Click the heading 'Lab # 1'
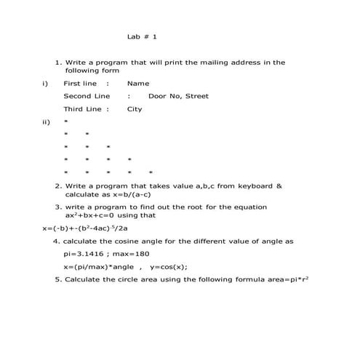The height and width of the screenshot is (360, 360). click(x=142, y=36)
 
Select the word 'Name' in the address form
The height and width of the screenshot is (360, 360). click(x=138, y=84)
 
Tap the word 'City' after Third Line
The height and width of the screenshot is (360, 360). click(x=135, y=109)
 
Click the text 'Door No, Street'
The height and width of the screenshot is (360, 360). click(x=178, y=96)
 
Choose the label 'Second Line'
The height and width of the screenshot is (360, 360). click(x=87, y=96)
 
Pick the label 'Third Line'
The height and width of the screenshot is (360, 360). click(x=83, y=109)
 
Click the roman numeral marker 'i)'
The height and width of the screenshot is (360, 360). click(x=45, y=84)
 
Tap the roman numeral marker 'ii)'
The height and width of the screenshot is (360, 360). click(x=47, y=122)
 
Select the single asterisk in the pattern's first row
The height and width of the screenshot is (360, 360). click(x=65, y=122)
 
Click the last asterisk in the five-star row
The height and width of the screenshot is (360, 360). click(x=150, y=173)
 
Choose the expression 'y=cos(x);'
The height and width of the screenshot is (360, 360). click(x=169, y=267)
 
